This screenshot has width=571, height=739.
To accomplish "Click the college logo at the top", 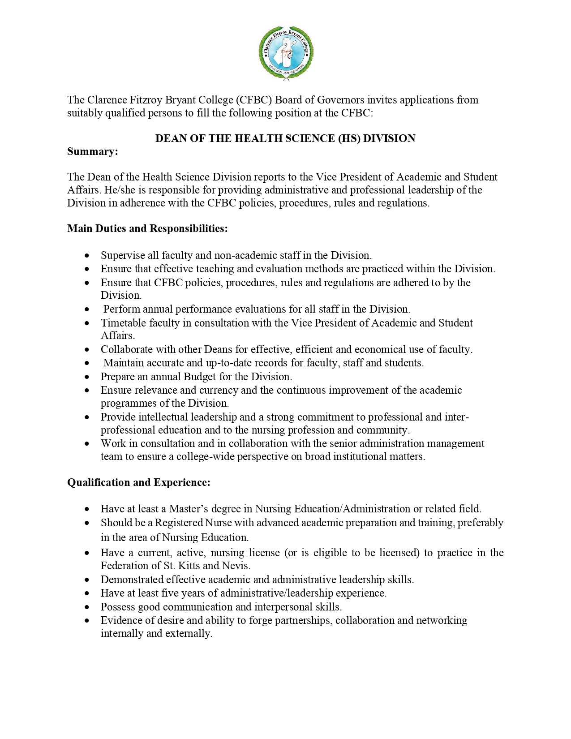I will coord(285,52).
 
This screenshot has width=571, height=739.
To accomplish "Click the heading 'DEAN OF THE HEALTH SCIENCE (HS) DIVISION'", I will coord(285,138).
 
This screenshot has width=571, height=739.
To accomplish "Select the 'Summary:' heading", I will coord(93,152).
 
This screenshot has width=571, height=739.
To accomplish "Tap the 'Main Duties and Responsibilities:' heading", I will coord(147,229).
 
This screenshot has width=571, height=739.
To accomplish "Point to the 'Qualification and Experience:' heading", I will coord(139,483).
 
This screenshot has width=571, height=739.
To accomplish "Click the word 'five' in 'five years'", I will coord(183,593).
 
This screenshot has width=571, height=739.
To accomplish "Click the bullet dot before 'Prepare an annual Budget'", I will coord(87,377).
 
